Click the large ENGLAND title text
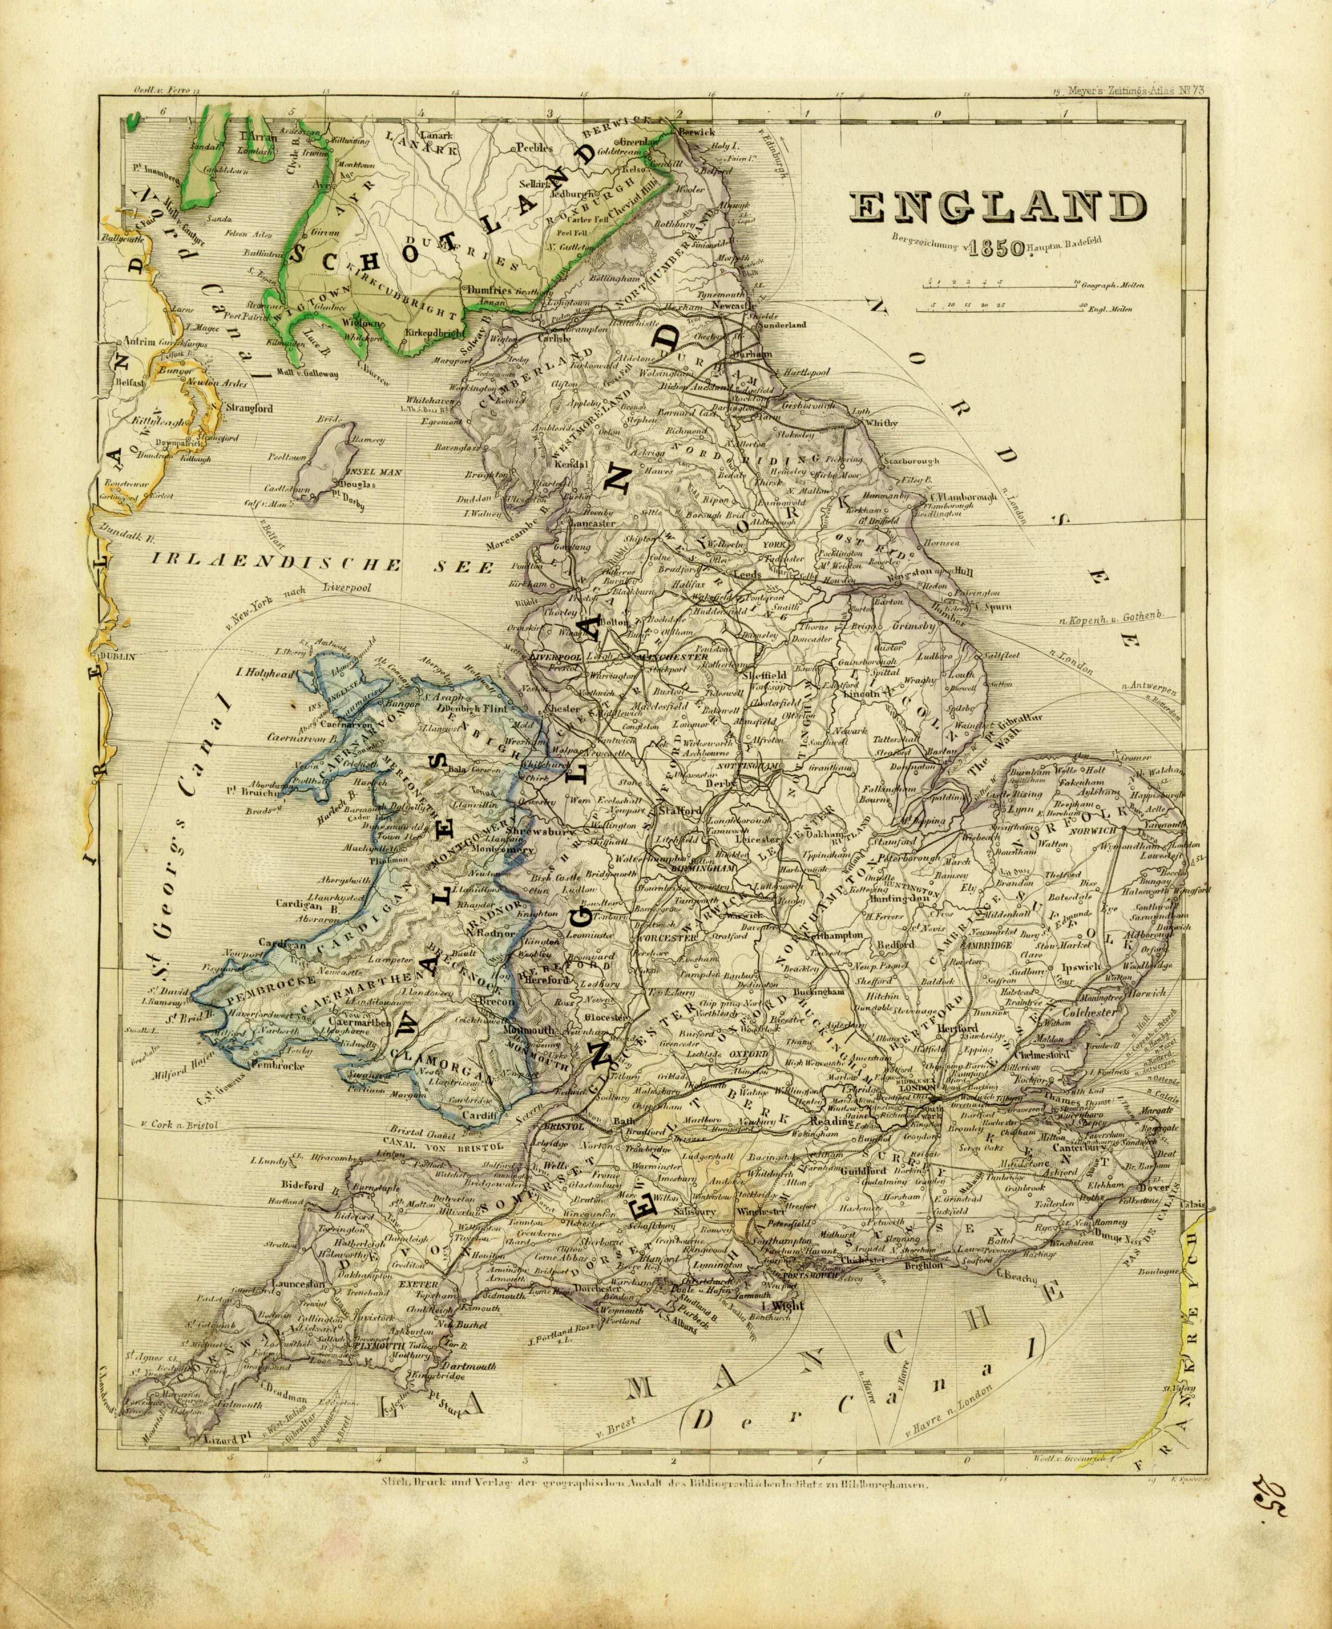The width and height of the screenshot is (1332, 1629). click(997, 207)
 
